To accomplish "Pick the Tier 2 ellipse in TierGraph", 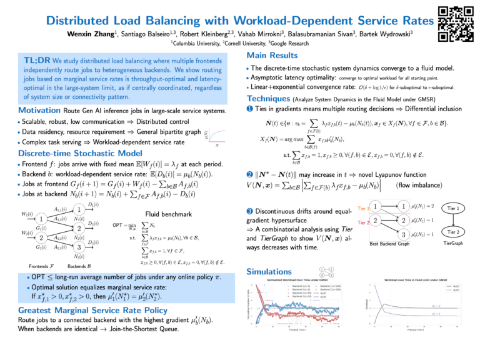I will coord(454,231).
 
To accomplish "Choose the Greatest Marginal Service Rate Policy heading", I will coord(89,308).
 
